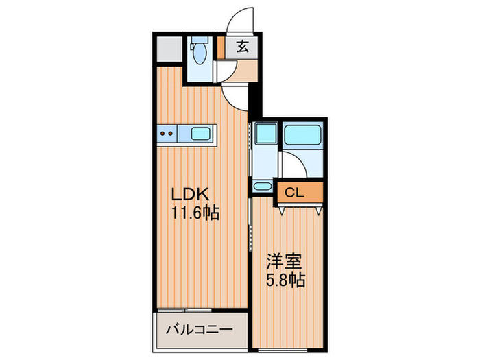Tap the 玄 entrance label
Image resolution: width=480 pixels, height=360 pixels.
click(x=243, y=47)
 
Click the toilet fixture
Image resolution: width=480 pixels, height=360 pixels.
click(x=200, y=51)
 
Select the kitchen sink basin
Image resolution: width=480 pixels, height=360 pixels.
click(x=201, y=134)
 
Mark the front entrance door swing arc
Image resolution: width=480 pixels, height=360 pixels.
click(x=243, y=20)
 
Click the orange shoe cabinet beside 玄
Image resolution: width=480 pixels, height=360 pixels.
click(x=222, y=48)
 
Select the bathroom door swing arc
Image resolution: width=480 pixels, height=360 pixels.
click(x=293, y=165)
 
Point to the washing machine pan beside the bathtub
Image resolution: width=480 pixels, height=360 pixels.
click(x=264, y=134)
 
